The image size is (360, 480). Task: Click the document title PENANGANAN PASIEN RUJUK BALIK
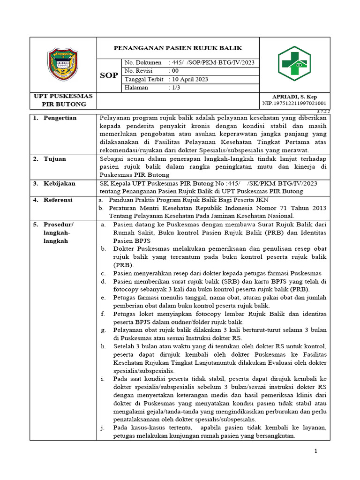tap(179, 48)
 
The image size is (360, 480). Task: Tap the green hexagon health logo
tap(294, 64)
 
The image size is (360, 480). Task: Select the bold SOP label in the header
tap(109, 75)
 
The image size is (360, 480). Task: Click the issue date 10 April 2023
tap(189, 79)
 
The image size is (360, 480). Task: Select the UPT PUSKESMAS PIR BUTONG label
tap(63, 100)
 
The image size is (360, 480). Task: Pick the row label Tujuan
tap(55, 159)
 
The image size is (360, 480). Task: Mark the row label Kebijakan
tap(59, 183)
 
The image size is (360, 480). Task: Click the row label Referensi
tap(58, 200)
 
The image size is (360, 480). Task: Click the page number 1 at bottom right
tap(316, 451)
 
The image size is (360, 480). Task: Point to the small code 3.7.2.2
tap(323, 112)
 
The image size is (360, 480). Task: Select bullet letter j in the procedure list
tap(102, 427)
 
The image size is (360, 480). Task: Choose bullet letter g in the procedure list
tap(103, 330)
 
